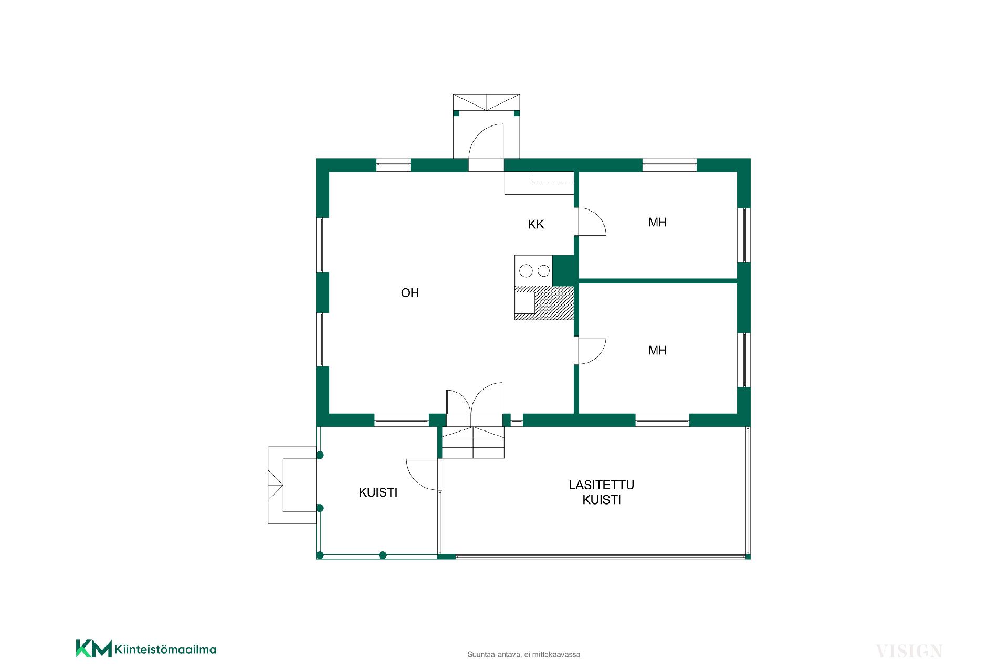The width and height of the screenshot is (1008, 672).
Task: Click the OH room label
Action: pyautogui.click(x=410, y=293)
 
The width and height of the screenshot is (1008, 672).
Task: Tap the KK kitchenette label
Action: pyautogui.click(x=536, y=225)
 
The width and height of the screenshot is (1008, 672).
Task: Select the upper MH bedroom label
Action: pyautogui.click(x=657, y=223)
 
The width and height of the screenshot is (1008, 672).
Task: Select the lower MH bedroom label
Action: pyautogui.click(x=657, y=351)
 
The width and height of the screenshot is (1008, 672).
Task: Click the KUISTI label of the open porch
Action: pyautogui.click(x=378, y=493)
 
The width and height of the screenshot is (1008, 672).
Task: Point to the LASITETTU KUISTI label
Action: pyautogui.click(x=602, y=492)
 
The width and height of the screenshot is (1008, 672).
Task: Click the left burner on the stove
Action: pyautogui.click(x=526, y=271)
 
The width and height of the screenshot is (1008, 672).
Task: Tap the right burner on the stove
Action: pyautogui.click(x=544, y=271)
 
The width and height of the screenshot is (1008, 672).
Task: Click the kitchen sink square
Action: pyautogui.click(x=524, y=303)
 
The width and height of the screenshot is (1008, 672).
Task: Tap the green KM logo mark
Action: pyautogui.click(x=93, y=648)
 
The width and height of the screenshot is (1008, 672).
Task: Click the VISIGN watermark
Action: pyautogui.click(x=909, y=651)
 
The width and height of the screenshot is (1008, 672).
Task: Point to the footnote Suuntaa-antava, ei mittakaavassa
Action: pyautogui.click(x=524, y=655)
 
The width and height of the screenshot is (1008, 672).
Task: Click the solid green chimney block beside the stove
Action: pyautogui.click(x=563, y=270)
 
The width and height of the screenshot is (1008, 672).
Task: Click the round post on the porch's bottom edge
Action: pyautogui.click(x=383, y=555)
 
